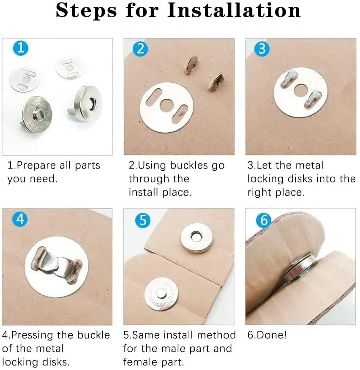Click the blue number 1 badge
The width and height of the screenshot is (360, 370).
click(21, 48)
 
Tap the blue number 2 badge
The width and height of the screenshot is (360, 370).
click(140, 49)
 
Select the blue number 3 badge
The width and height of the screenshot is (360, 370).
click(262, 49)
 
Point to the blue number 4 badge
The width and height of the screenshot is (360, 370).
click(20, 219)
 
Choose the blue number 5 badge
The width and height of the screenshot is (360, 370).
click(143, 220)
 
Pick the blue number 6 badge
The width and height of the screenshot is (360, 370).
click(264, 220)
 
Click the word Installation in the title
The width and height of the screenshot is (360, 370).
click(234, 11)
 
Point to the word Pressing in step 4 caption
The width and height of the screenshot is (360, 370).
click(33, 335)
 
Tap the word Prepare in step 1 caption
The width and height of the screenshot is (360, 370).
click(37, 166)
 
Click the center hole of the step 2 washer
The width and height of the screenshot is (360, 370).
click(166, 105)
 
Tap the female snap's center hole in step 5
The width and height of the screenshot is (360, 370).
click(196, 237)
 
